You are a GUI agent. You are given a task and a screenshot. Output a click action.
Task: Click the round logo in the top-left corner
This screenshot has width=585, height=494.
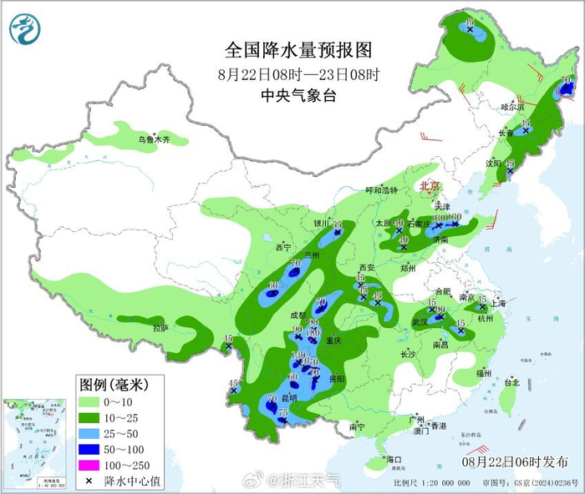25,29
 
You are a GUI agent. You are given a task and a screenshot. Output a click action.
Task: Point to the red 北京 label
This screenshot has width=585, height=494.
429,185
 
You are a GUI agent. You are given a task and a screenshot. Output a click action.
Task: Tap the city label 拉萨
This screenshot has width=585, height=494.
160,328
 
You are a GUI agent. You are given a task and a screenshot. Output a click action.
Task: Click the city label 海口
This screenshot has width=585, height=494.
393,460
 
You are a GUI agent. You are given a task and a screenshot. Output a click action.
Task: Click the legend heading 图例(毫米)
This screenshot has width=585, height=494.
114,386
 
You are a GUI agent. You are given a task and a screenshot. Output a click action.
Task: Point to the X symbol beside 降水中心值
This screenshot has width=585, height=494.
89,481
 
